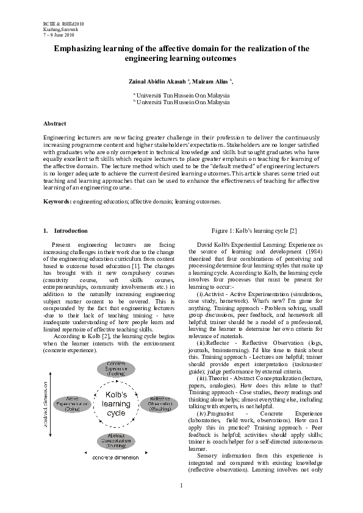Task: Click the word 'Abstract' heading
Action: tap(54, 124)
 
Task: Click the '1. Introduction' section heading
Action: tap(65, 231)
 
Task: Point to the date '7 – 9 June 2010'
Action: tap(58, 34)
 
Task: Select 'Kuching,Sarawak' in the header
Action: tap(57, 29)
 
